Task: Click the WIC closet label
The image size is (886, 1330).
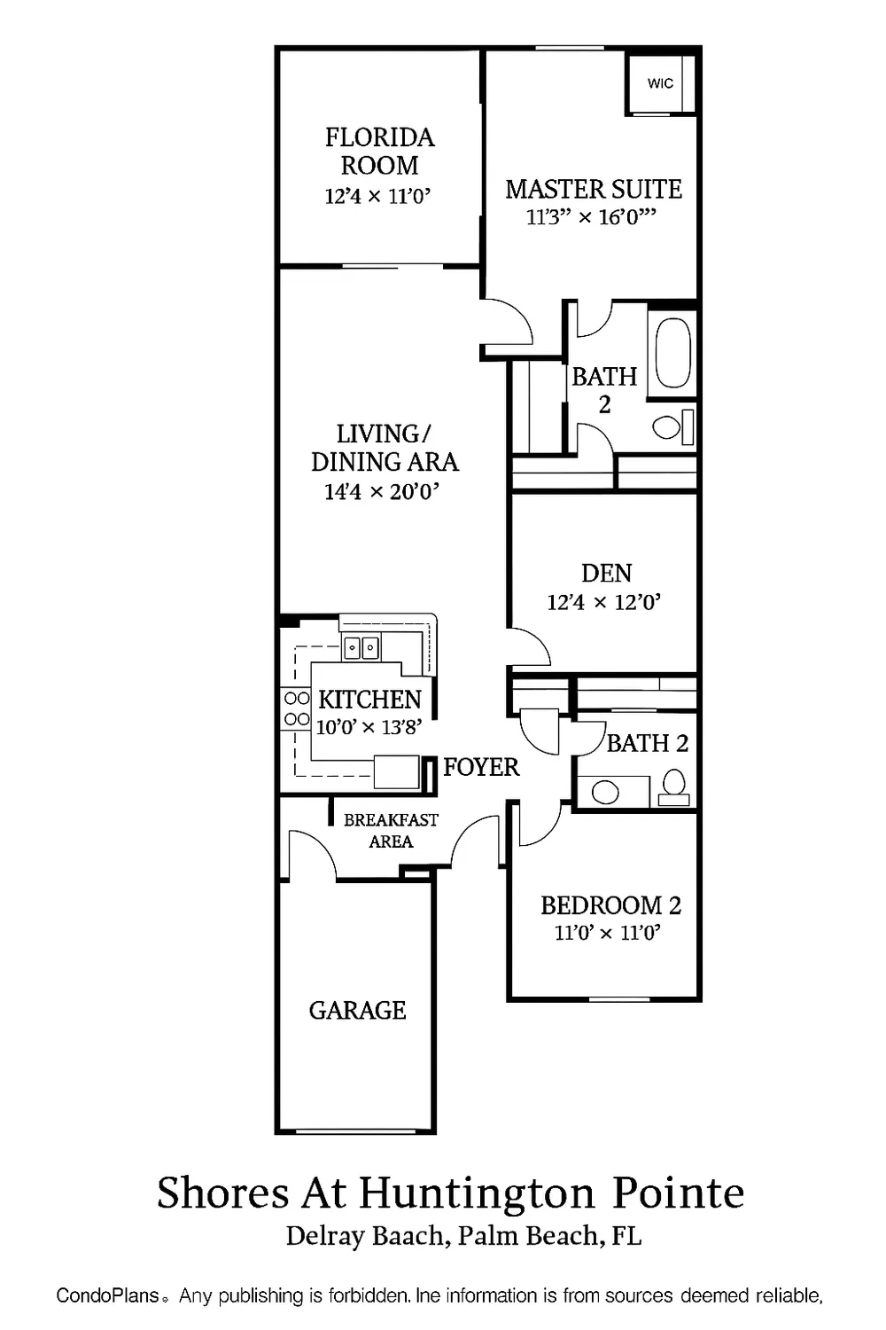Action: point(660,83)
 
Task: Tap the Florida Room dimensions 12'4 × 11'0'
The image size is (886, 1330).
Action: point(377,196)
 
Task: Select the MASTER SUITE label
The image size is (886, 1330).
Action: point(593,189)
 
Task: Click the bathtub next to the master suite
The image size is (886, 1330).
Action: point(673,353)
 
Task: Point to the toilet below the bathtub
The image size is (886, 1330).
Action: point(673,427)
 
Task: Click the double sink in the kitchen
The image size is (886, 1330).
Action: point(361,648)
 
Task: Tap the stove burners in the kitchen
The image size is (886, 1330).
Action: point(296,708)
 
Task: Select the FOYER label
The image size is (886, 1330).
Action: point(481,767)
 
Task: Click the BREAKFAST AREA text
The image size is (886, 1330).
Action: point(391,831)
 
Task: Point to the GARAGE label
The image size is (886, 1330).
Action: point(357,1010)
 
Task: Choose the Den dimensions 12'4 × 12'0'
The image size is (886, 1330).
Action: point(604,603)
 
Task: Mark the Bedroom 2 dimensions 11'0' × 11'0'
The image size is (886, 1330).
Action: point(608,933)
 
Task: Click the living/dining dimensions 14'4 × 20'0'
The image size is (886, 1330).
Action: point(382,491)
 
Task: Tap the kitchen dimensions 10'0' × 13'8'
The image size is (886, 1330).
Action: point(369,727)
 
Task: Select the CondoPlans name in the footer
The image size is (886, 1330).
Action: point(107,1295)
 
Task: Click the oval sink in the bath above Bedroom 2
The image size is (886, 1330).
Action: point(605,791)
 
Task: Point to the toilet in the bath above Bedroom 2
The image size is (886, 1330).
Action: point(674,786)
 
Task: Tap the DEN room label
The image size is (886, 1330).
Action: point(607,573)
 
